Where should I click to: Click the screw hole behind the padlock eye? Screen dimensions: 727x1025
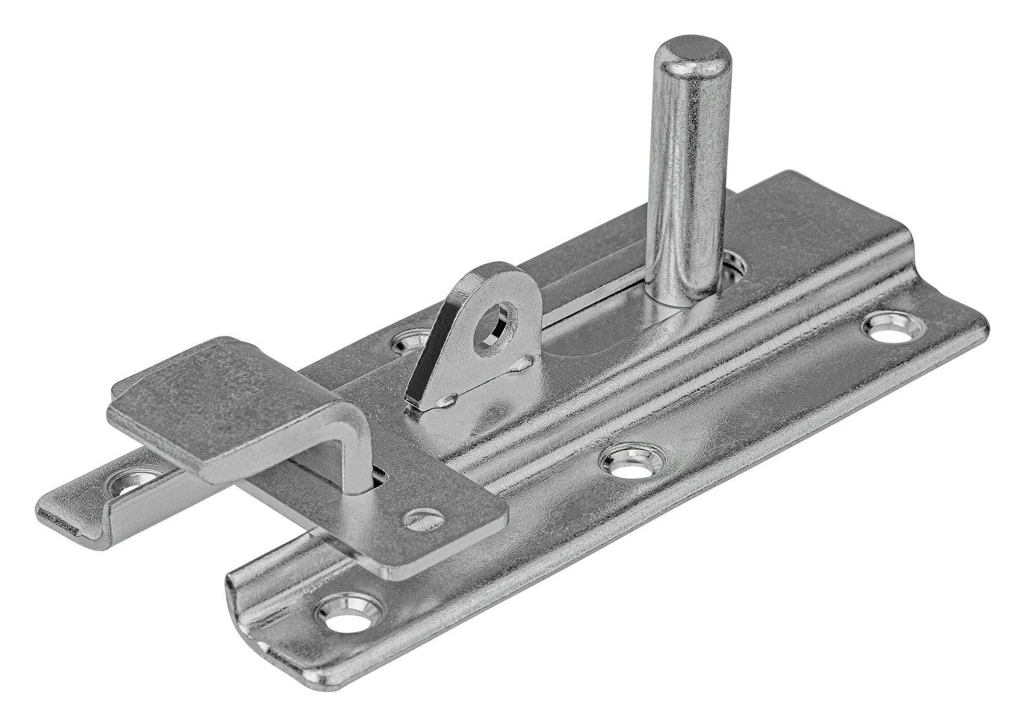point(410,345)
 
